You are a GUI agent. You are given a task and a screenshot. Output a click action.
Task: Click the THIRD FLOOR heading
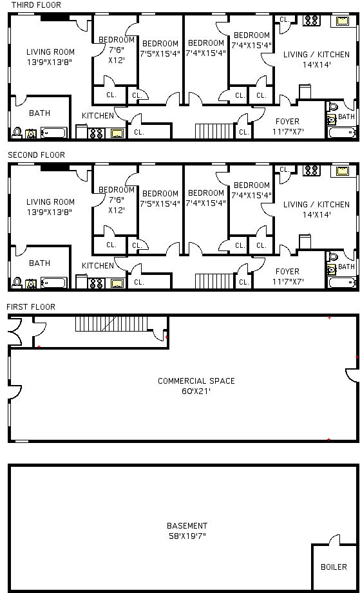pos(36,5)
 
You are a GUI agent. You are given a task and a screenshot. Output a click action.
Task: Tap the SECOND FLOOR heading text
pos(36,155)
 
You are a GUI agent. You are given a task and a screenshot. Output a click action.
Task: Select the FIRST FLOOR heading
pos(31,306)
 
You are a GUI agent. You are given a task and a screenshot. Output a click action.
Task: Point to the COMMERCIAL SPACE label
pos(196,381)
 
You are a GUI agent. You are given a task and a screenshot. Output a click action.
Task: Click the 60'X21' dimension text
pos(196,391)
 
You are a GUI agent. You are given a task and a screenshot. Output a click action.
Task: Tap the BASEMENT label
pos(187,525)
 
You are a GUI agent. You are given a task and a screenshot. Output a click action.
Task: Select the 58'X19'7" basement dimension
pos(187,536)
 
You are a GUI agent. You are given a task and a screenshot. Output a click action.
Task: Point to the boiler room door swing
pos(334,540)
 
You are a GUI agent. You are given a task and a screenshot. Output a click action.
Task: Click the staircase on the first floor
pos(111,324)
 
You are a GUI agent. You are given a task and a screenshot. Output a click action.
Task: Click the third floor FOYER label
pos(287,122)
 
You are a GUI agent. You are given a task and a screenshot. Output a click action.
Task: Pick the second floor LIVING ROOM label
pos(50,202)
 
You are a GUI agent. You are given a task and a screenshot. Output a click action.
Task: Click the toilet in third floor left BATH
pos(17,133)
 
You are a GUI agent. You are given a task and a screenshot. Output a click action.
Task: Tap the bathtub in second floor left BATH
pos(53,283)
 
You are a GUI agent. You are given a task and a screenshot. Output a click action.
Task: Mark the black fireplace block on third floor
pos(55,18)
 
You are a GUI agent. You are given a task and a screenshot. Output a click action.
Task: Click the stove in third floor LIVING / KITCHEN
pos(312,21)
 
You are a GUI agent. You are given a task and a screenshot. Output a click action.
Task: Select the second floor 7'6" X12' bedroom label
pos(117,200)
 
